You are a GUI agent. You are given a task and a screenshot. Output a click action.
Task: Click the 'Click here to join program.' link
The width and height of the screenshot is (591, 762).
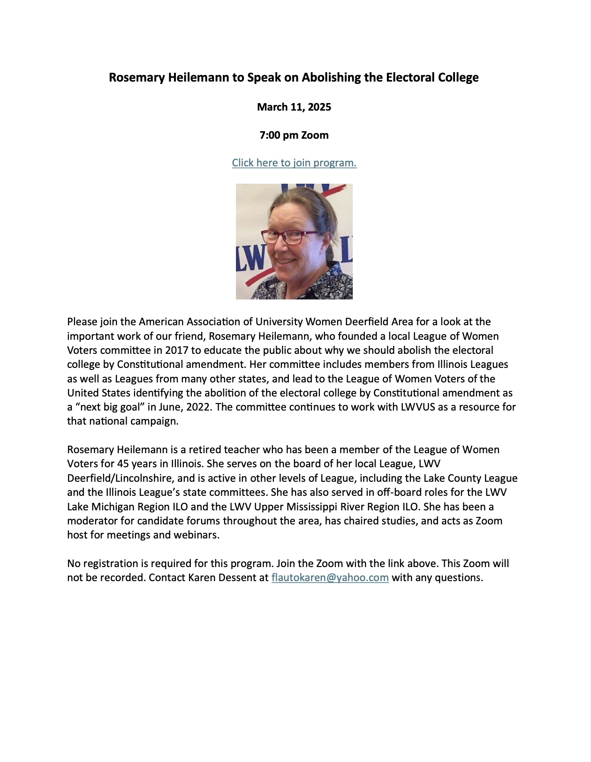pos(294,163)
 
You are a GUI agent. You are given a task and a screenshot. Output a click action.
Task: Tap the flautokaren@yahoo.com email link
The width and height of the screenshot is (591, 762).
pos(330,577)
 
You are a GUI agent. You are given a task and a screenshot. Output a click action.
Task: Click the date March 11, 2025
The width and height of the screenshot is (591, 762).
pos(294,107)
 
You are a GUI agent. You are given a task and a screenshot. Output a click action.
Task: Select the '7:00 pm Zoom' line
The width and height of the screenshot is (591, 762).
pos(294,135)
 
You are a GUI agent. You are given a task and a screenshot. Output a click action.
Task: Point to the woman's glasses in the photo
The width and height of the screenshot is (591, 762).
pos(285,237)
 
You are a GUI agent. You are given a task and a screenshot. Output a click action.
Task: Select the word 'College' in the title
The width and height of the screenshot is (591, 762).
pos(458,77)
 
